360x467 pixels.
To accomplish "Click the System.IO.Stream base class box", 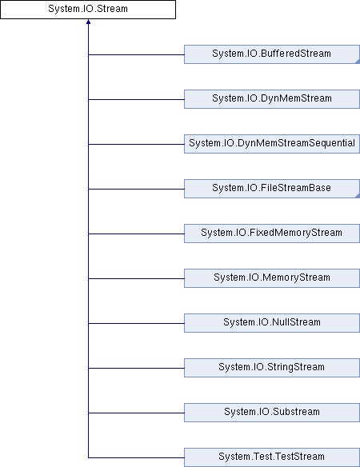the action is tap(88, 10).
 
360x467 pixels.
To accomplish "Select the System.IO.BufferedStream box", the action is tap(272, 54).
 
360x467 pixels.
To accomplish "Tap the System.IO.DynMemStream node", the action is tap(272, 99).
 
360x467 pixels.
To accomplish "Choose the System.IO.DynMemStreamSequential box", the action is tap(272, 144).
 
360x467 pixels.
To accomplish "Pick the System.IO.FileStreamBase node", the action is tap(272, 189).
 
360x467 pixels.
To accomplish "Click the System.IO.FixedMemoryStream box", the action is tap(272, 233).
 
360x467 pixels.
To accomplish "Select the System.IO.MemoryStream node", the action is tap(272, 278).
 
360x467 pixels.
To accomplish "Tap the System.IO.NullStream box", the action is tap(272, 323).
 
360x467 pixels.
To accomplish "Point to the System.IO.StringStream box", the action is tap(272, 368).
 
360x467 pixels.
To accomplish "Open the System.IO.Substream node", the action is tap(272, 413).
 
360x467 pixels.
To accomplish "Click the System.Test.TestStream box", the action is tap(272, 457).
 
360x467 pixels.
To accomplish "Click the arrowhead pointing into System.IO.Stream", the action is tap(88, 22).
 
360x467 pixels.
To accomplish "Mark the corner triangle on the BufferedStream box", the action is tap(358, 62).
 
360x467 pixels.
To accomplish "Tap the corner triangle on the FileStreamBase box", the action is tap(358, 196).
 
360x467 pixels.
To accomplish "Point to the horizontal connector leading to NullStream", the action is tap(136, 323).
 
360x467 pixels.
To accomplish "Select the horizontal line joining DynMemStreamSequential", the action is tap(136, 144).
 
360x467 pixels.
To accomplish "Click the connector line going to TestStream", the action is tap(136, 457).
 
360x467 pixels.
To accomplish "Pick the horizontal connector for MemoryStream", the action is tap(136, 278).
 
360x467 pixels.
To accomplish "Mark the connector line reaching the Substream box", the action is tap(136, 413).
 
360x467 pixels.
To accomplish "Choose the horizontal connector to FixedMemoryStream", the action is tap(136, 233).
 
